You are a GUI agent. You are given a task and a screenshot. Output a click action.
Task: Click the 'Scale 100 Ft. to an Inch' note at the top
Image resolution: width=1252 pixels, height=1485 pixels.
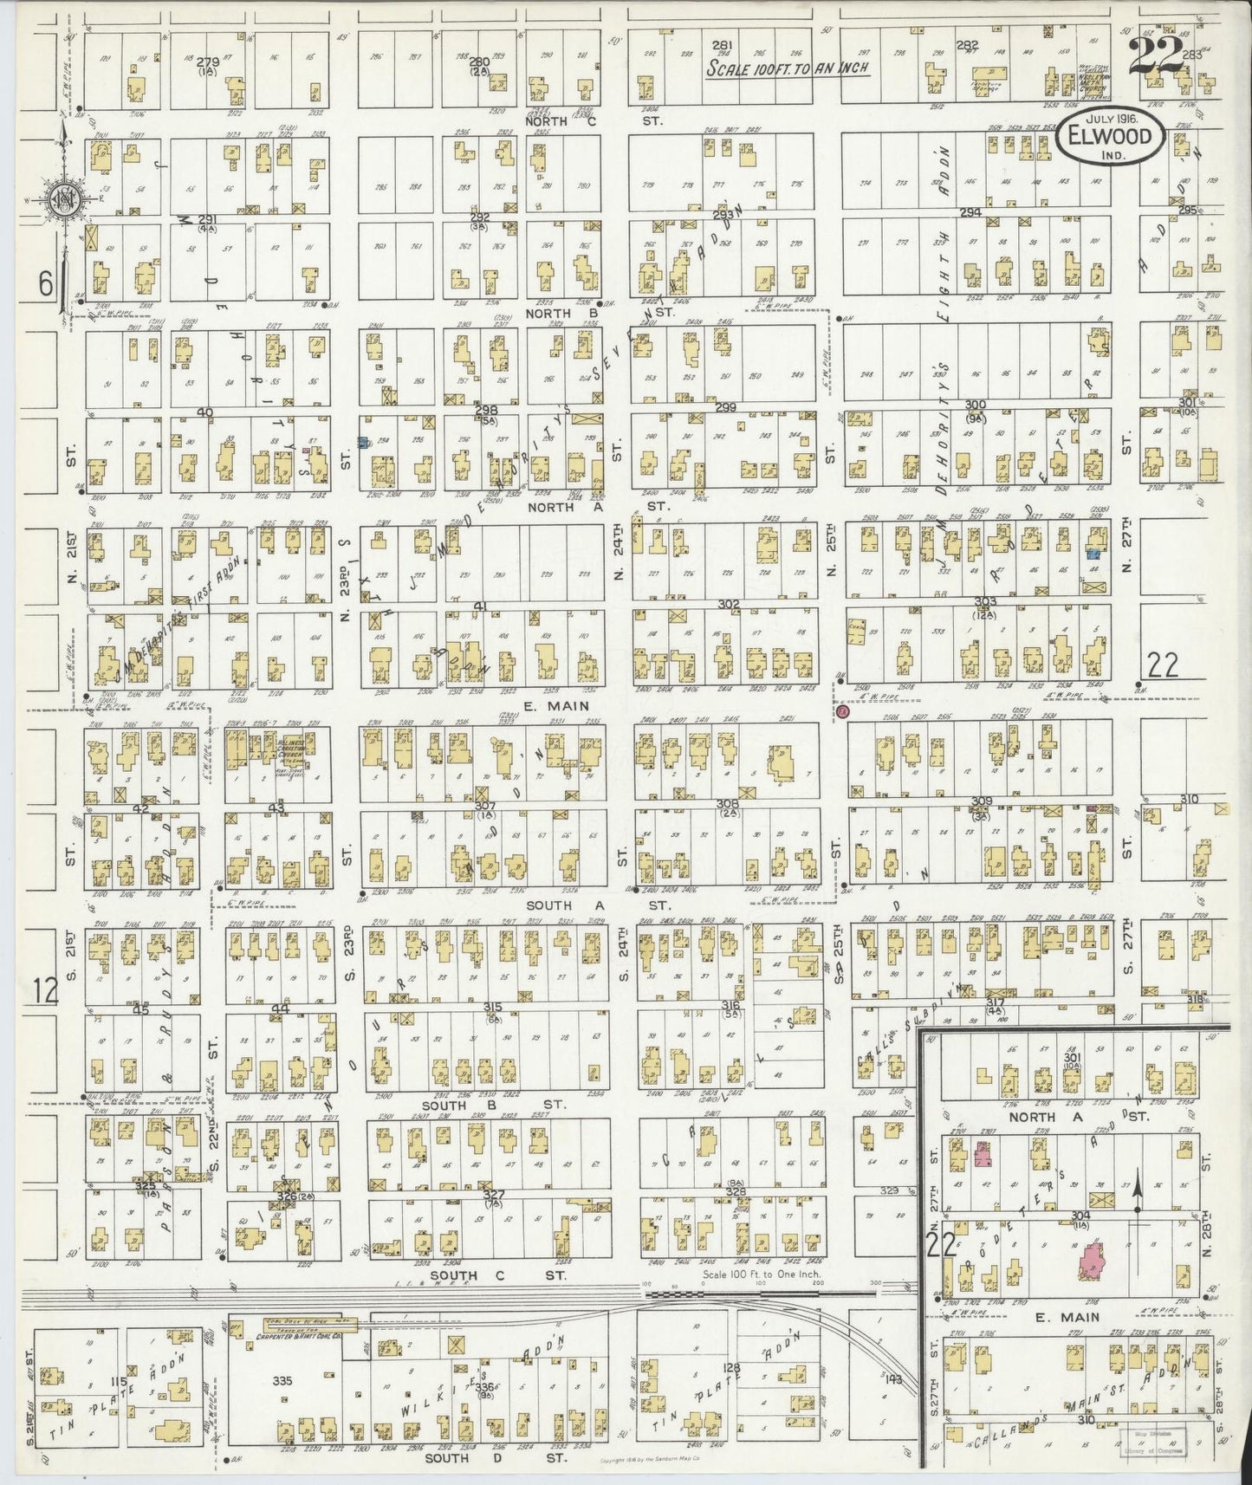tap(788, 68)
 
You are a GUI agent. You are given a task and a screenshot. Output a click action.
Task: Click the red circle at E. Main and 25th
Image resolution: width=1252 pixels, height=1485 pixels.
tap(842, 712)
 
